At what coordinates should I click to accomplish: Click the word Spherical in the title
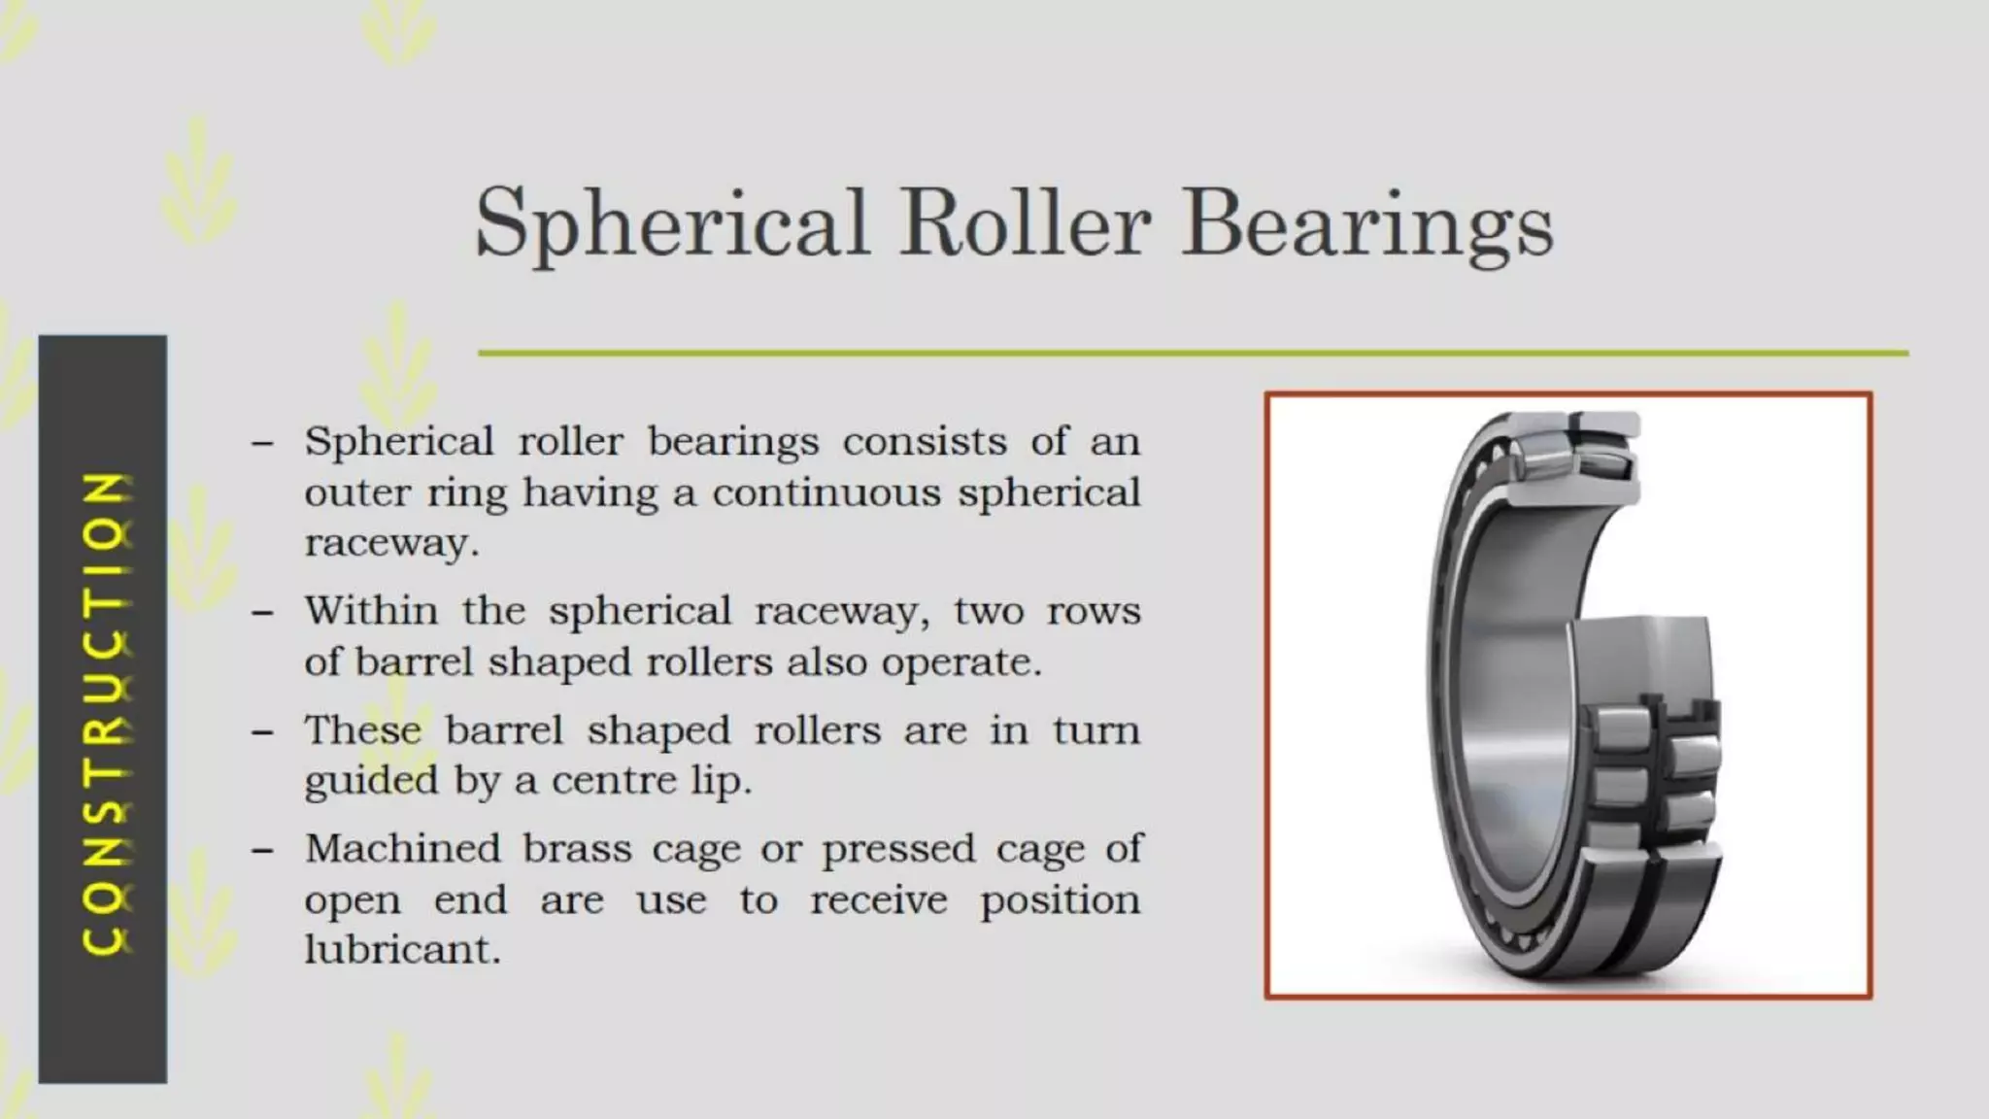tap(671, 223)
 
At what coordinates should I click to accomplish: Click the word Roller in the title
tap(1025, 223)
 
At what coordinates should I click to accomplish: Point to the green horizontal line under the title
tap(1193, 353)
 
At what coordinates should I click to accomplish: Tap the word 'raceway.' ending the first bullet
tap(392, 542)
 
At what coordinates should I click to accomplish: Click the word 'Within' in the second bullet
tap(371, 611)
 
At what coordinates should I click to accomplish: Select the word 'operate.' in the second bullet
tap(961, 661)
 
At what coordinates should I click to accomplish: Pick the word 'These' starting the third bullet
tap(362, 730)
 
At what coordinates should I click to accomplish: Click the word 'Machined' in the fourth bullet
tap(402, 849)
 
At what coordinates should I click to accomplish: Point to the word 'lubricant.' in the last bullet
tap(402, 949)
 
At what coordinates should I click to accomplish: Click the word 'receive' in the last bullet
tap(878, 899)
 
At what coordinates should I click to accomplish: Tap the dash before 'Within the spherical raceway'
tap(262, 613)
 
